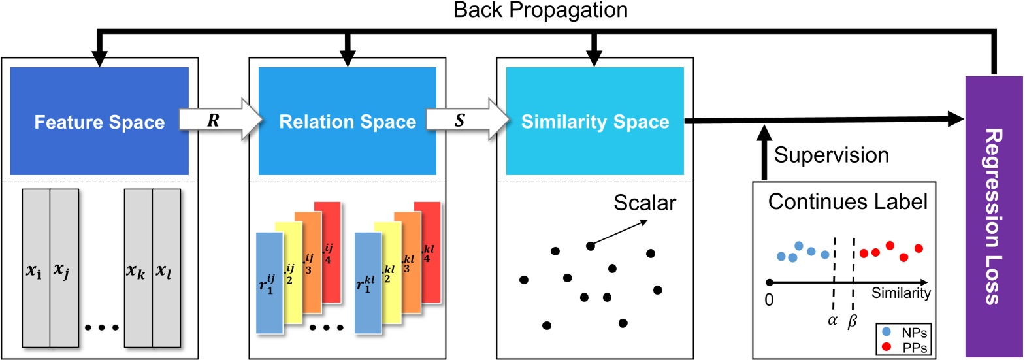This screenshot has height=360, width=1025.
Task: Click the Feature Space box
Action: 99,122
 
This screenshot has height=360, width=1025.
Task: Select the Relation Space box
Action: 347,122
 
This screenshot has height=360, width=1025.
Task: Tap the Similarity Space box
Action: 594,122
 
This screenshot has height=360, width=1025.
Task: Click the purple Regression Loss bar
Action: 994,216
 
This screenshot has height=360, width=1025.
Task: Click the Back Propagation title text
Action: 540,10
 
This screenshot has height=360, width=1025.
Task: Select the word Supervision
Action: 831,155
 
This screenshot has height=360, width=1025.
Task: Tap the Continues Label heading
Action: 847,201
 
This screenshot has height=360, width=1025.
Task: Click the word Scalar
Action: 644,203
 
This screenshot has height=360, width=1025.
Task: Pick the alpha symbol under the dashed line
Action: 832,321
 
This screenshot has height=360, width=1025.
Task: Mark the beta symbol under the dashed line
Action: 852,321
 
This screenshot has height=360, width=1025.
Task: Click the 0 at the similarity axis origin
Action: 769,300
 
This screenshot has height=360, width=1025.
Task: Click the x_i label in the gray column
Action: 34,270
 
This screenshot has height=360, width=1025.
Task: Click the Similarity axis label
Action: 901,293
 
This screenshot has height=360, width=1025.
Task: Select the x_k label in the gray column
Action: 136,270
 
